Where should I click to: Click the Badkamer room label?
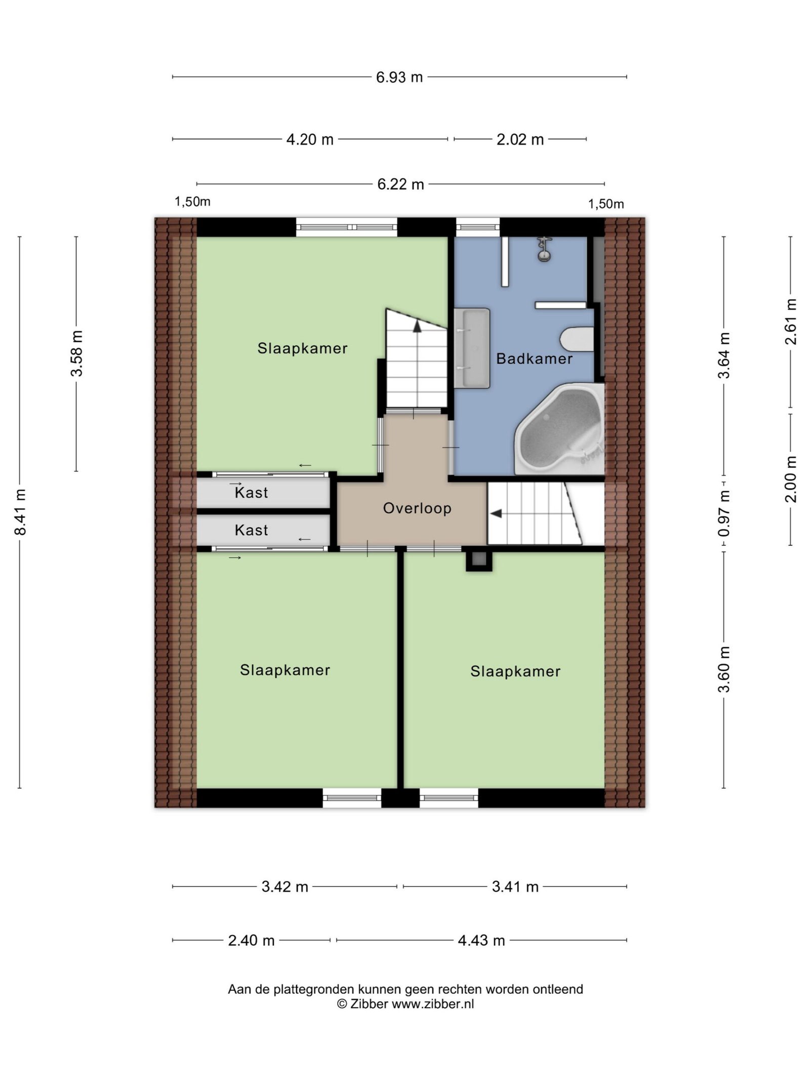[x=534, y=358]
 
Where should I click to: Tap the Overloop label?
[x=417, y=508]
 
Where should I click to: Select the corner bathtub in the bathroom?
[x=560, y=429]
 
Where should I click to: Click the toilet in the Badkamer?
[x=577, y=339]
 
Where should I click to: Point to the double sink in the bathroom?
[x=472, y=348]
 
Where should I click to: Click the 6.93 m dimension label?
[x=399, y=77]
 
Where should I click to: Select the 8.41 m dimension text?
[x=20, y=512]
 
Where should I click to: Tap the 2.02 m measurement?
[x=520, y=139]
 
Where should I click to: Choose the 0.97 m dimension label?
[x=724, y=513]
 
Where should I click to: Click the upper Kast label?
[x=251, y=492]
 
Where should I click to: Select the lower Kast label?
[x=251, y=530]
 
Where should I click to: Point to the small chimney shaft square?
[x=479, y=561]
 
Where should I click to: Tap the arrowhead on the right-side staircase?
[x=496, y=513]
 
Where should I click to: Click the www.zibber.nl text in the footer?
[x=433, y=1004]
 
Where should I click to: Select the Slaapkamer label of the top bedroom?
[x=302, y=348]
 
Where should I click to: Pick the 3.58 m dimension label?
[x=76, y=353]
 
